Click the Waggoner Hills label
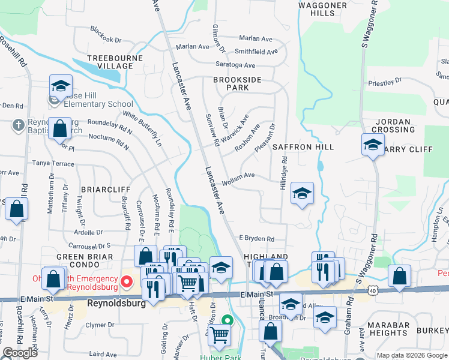point(322,8)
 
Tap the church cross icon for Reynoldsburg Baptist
point(18,124)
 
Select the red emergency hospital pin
point(126,281)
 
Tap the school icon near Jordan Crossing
point(373,145)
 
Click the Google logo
point(20,353)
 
